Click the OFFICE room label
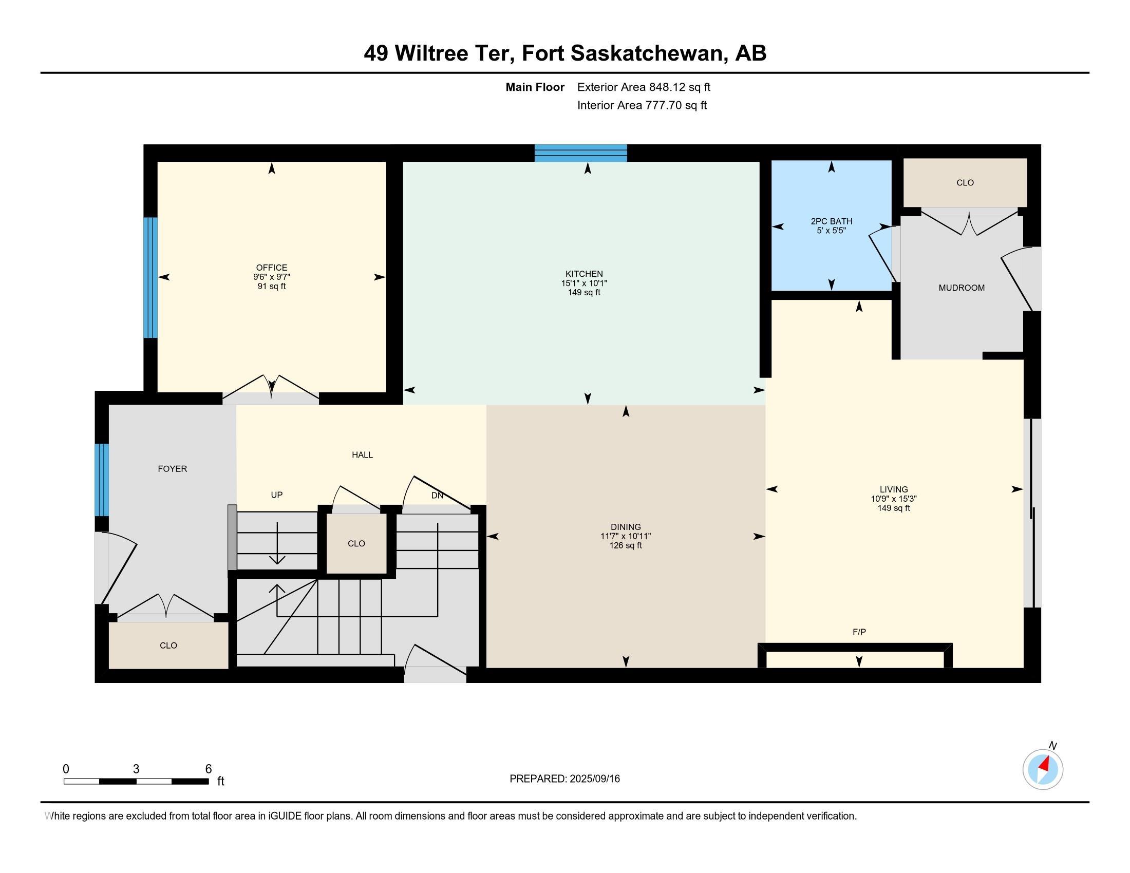pyautogui.click(x=272, y=268)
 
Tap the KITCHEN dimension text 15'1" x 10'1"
pyautogui.click(x=584, y=283)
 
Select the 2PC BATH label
pyautogui.click(x=832, y=221)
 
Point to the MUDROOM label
pyautogui.click(x=962, y=288)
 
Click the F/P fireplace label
pyautogui.click(x=859, y=632)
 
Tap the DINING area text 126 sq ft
pyautogui.click(x=626, y=545)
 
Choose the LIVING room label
pyautogui.click(x=894, y=489)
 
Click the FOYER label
pyautogui.click(x=172, y=468)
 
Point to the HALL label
pyautogui.click(x=362, y=454)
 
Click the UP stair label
pyautogui.click(x=277, y=495)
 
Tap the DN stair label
pyautogui.click(x=437, y=495)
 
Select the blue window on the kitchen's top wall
pyautogui.click(x=580, y=153)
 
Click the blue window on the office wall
pyautogui.click(x=150, y=277)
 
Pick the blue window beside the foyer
pyautogui.click(x=102, y=480)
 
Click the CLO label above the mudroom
pyautogui.click(x=965, y=183)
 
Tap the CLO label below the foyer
pyautogui.click(x=168, y=646)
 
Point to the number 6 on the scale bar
pyautogui.click(x=209, y=769)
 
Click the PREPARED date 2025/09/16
pyautogui.click(x=594, y=779)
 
